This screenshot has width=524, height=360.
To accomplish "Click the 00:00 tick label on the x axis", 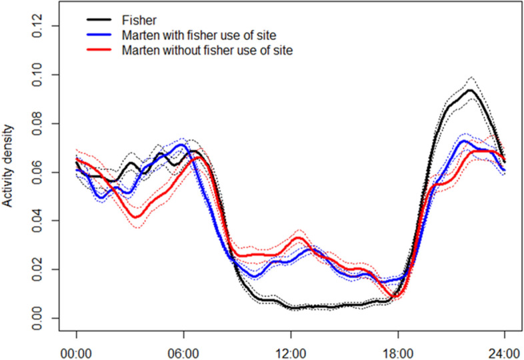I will pyautogui.click(x=77, y=348).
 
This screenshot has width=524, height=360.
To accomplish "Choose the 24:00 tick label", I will pyautogui.click(x=504, y=348).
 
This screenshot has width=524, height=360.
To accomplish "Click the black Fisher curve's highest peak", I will pyautogui.click(x=471, y=90).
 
